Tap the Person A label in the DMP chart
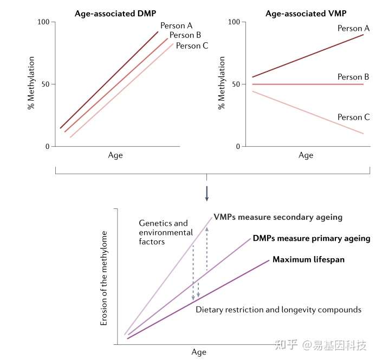click(x=176, y=25)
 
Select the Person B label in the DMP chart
click(x=185, y=36)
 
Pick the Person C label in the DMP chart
click(x=192, y=46)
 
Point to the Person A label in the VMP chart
click(x=353, y=28)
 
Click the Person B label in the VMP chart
click(x=353, y=77)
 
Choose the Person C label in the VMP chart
click(x=353, y=117)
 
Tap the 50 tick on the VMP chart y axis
click(x=236, y=84)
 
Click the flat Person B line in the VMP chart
click(x=303, y=84)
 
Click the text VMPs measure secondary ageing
click(x=278, y=217)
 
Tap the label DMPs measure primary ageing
click(x=311, y=238)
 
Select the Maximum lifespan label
click(x=308, y=260)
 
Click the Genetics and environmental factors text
click(x=165, y=233)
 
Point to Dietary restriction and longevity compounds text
click(x=278, y=310)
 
